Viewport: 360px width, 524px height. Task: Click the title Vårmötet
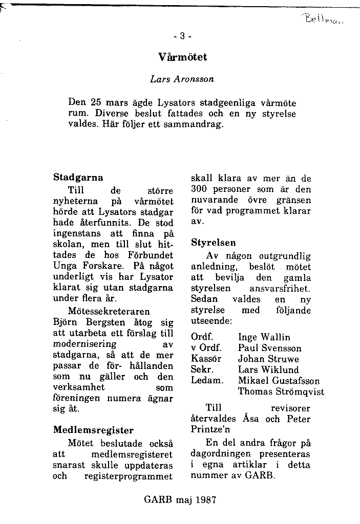(x=183, y=57)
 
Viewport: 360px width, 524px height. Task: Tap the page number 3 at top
(x=182, y=36)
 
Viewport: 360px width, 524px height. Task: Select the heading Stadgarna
(x=78, y=178)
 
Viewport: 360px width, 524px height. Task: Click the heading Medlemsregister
(x=93, y=430)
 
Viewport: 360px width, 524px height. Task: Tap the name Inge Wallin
(x=264, y=337)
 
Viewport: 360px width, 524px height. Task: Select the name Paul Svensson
(x=270, y=348)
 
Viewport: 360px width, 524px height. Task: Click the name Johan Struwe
(x=268, y=359)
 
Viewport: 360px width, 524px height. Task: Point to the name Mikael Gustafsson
(x=279, y=380)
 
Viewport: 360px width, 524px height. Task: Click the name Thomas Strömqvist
(x=281, y=391)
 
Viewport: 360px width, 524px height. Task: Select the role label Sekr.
(x=202, y=369)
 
